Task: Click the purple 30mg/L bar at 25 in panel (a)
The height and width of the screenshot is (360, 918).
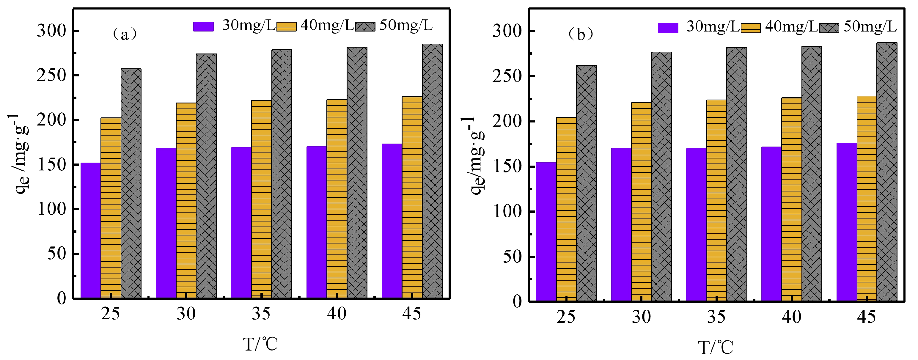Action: click(x=90, y=230)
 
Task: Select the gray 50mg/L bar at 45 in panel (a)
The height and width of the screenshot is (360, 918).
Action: click(x=432, y=171)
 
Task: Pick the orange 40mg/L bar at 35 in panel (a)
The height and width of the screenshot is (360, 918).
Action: click(x=261, y=199)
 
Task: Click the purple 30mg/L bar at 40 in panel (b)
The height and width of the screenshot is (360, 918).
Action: click(x=771, y=224)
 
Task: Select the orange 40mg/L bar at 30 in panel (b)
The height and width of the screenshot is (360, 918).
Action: click(x=641, y=201)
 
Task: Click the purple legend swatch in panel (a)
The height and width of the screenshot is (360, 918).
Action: click(x=203, y=26)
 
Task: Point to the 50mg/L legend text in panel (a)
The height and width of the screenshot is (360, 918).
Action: click(x=406, y=25)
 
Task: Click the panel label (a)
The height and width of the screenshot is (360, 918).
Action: click(x=124, y=34)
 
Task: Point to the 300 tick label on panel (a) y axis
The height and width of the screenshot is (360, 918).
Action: click(x=52, y=31)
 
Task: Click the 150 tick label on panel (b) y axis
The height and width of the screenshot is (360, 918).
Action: click(x=507, y=166)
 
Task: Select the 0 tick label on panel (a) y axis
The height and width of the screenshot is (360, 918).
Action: click(x=61, y=298)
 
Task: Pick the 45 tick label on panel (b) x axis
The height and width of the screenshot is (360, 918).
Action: click(x=866, y=317)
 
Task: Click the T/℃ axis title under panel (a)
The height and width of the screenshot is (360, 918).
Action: click(x=260, y=344)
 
